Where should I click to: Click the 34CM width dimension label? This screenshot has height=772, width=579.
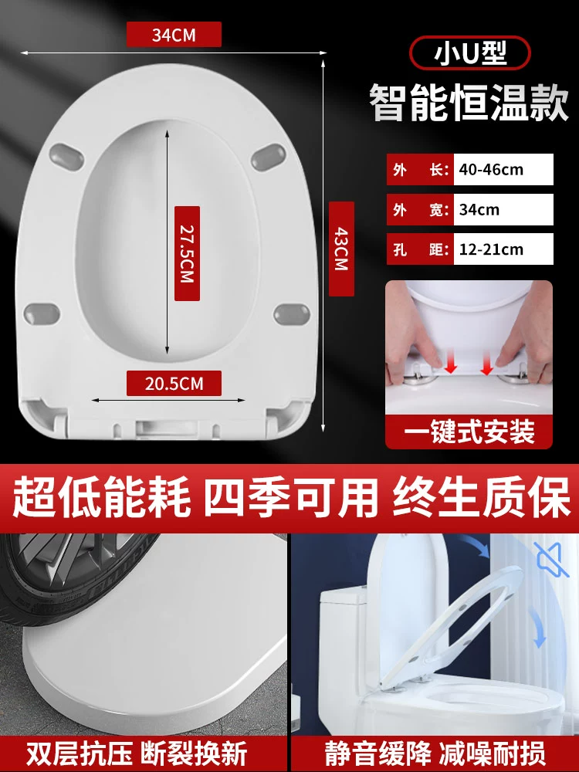(174, 35)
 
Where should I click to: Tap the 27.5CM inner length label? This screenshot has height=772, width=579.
(187, 253)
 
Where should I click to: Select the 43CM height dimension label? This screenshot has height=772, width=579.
(341, 249)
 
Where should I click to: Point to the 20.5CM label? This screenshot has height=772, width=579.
(174, 383)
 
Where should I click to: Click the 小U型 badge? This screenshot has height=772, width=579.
(469, 52)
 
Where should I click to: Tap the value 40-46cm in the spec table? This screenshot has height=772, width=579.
(491, 170)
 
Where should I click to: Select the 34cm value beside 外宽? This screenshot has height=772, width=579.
(479, 210)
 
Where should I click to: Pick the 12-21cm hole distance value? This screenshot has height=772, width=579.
(491, 249)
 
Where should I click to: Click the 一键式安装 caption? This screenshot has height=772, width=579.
(469, 432)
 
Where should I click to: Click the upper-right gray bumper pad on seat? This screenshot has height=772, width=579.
(269, 157)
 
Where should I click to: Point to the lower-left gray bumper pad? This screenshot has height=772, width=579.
(42, 313)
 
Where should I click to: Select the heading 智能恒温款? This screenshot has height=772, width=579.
(469, 103)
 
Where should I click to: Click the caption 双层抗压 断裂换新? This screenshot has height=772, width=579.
(137, 753)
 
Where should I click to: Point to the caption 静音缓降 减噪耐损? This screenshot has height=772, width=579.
(435, 753)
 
